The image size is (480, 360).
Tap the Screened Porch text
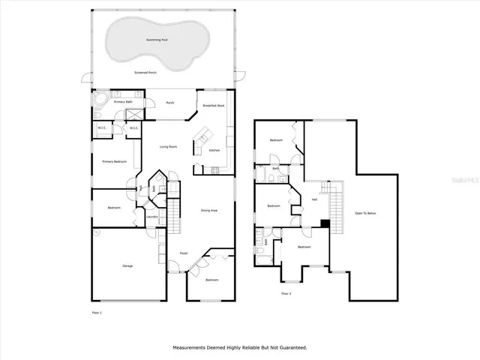coord(145,73)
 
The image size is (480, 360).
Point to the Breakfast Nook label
coord(214,106)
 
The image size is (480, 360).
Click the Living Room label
coord(168,146)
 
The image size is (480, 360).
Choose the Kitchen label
coord(214,151)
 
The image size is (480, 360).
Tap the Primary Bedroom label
coord(114,162)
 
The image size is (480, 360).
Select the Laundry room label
coord(151,217)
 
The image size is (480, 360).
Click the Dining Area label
coord(209,211)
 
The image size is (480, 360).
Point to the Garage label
coord(127,266)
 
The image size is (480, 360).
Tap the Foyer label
coord(183,253)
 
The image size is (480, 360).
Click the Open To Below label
coord(365,213)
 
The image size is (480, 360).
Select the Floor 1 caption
coord(95,312)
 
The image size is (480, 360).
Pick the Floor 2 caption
coord(286,293)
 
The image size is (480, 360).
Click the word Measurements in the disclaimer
coord(190,347)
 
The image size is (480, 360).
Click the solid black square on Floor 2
coord(324,223)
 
